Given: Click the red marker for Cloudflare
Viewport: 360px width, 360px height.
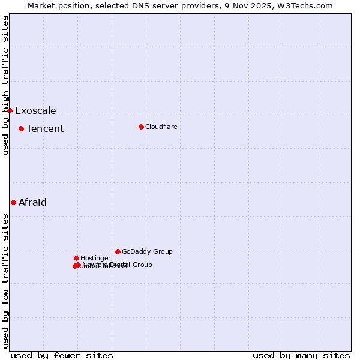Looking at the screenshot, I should pos(141,127).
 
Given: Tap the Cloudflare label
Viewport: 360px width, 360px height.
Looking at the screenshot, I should pos(161,127).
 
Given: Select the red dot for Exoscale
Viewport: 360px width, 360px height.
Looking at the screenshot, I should pos(10,110).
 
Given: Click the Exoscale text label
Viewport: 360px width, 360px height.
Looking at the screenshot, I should pos(35,110).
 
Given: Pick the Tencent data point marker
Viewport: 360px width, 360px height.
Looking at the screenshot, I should pos(21,128).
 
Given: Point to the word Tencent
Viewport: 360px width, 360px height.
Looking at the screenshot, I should pos(45,128).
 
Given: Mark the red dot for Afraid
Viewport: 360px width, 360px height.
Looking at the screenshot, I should pos(13,202).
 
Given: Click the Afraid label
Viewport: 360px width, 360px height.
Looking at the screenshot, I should pos(32,202).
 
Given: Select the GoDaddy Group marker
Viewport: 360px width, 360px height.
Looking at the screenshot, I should pos(118,251).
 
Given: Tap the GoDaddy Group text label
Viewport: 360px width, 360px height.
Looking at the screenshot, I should pos(147,251).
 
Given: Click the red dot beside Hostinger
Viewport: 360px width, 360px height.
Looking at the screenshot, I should pos(76,258).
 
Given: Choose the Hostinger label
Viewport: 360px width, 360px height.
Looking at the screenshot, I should pos(95,258).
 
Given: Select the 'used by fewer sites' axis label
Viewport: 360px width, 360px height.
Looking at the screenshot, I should pos(62,355).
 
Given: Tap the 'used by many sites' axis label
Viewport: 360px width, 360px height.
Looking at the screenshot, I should pos(301,355).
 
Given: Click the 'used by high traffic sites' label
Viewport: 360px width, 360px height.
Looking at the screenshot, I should pos(5,85).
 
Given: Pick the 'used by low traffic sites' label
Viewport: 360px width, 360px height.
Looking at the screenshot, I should pos(5,281).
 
